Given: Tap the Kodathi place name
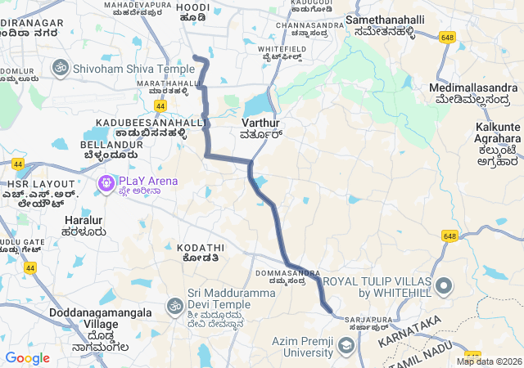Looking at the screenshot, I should (x=200, y=247).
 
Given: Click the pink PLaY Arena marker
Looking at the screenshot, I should (x=106, y=184).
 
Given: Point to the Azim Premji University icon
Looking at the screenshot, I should (x=346, y=346).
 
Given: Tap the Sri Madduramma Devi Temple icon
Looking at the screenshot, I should (x=174, y=306).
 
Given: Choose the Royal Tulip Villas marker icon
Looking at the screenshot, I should (x=444, y=286).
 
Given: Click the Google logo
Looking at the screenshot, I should (x=27, y=358).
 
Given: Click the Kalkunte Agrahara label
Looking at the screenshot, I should (x=498, y=132).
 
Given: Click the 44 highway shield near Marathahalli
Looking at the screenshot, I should (x=160, y=106).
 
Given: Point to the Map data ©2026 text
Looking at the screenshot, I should (x=489, y=361).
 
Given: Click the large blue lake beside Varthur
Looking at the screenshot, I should (x=255, y=104).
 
